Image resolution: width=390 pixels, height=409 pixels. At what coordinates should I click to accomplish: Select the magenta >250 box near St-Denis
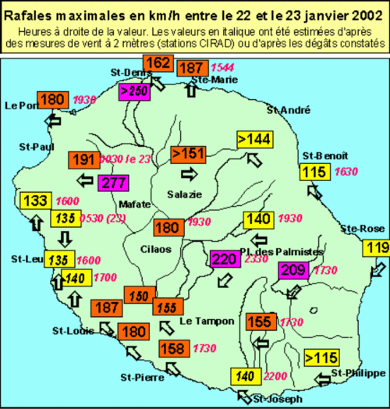tap(133, 91)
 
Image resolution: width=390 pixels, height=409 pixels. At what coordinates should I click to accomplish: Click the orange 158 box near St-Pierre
tap(174, 348)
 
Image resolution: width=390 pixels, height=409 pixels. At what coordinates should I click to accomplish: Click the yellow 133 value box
tap(36, 201)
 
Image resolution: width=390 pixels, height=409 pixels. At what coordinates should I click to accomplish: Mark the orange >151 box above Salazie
tap(188, 153)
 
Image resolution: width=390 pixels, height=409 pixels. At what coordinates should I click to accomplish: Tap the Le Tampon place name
tap(201, 321)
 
